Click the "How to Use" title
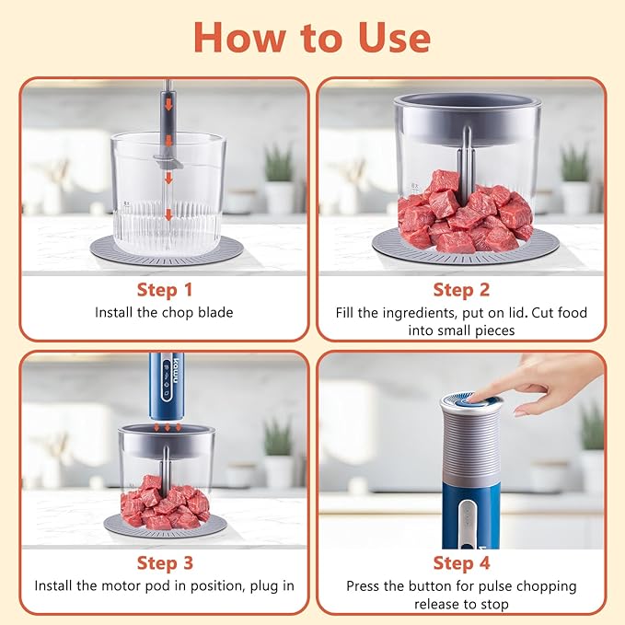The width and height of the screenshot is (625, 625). point(312,38)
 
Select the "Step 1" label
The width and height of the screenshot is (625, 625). point(164,290)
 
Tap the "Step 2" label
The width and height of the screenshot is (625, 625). point(460,290)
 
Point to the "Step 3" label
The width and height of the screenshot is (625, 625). point(164,562)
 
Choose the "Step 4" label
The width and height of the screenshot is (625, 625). point(460,562)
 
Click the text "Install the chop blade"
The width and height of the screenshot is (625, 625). point(164,313)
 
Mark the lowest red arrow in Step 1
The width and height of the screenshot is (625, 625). point(168,214)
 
